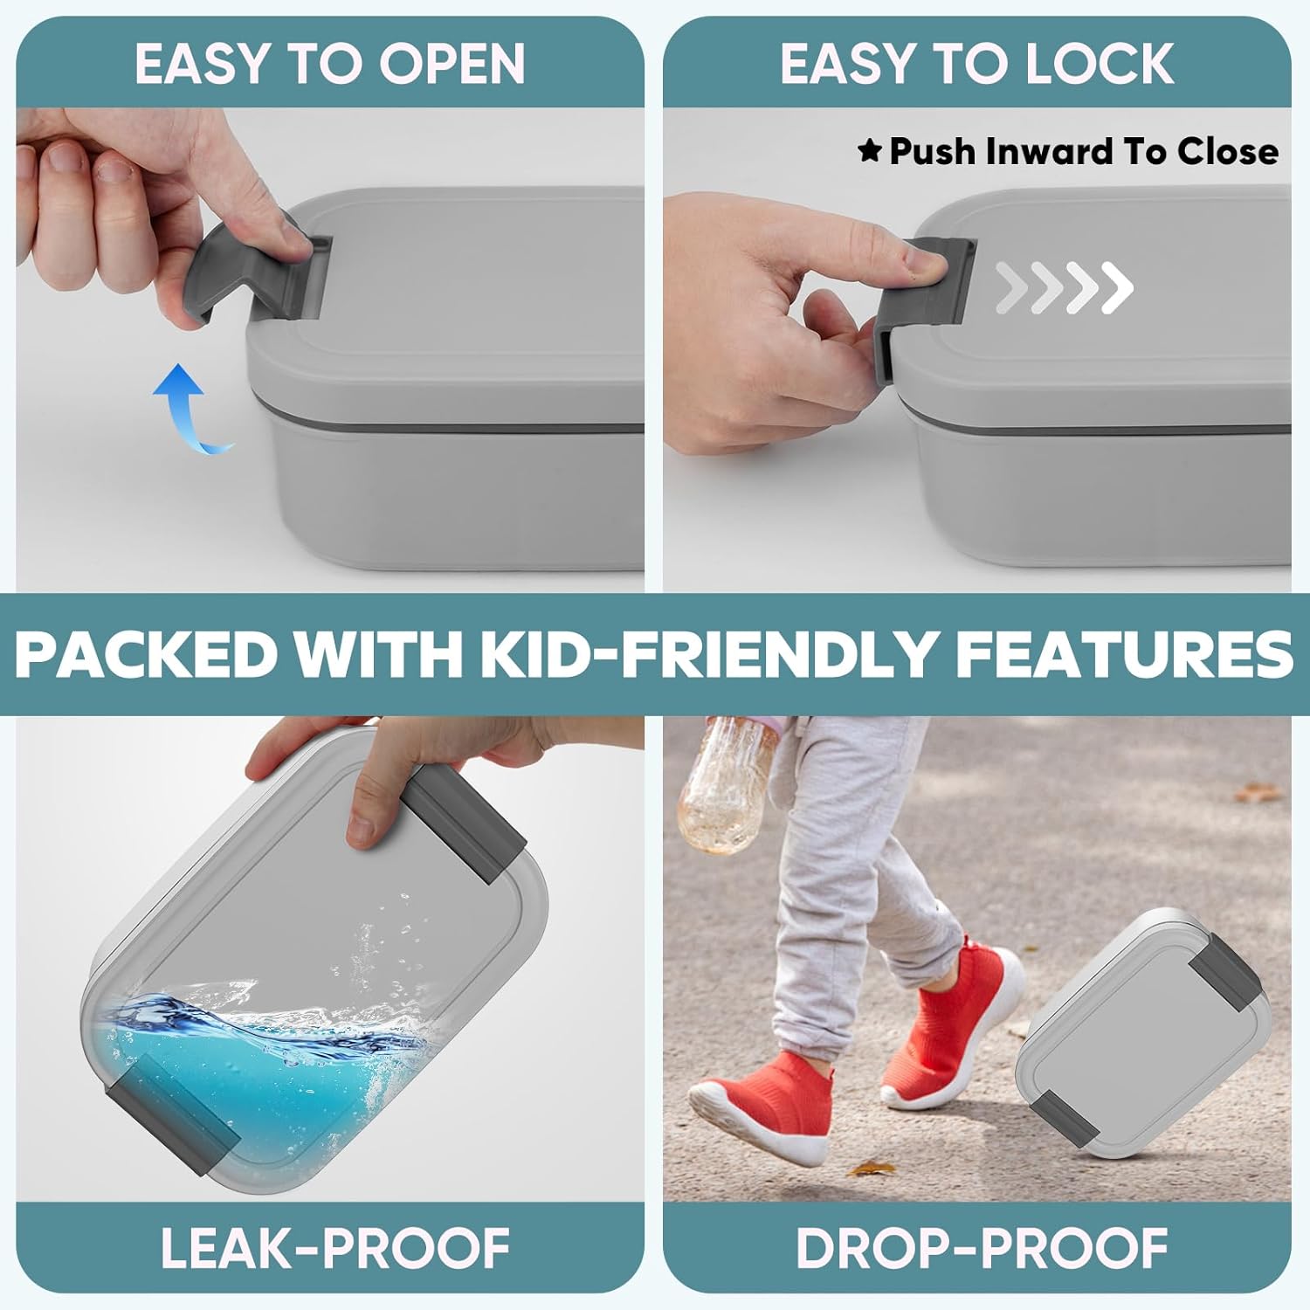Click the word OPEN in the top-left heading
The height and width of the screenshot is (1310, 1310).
(452, 64)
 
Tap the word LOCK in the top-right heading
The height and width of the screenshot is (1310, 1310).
(1100, 64)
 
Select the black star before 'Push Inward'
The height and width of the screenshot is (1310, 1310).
(870, 151)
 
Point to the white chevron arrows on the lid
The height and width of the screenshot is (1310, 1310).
(1064, 287)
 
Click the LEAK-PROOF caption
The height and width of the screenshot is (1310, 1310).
(335, 1248)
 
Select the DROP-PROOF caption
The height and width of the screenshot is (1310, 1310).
(982, 1248)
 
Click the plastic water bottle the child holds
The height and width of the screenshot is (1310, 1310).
(729, 785)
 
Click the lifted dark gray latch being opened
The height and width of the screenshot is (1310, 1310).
(253, 271)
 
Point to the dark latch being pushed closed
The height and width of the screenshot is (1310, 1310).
(921, 306)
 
